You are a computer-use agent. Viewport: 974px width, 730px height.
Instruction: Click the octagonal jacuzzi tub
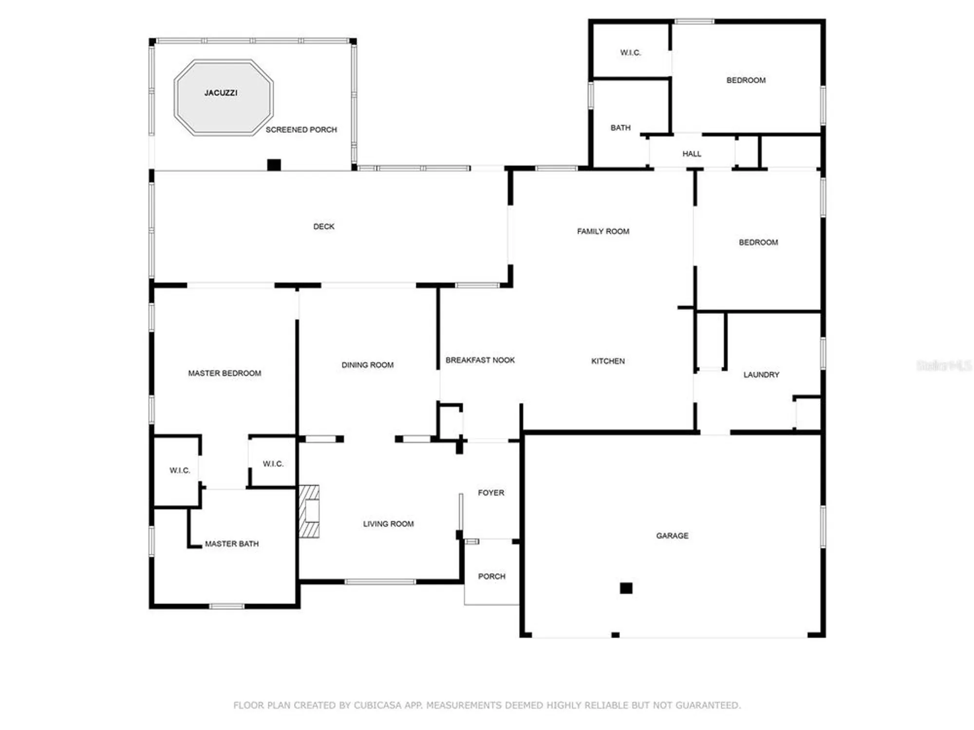click(x=224, y=97)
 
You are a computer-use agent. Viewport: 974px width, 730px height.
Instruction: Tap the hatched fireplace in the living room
click(x=309, y=511)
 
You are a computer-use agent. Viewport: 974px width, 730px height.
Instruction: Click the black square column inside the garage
click(x=626, y=588)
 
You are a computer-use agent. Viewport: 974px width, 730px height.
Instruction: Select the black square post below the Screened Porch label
click(x=274, y=164)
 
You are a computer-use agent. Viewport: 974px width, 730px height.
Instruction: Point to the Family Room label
click(x=603, y=231)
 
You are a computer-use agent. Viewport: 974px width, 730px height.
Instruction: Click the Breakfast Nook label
click(x=480, y=360)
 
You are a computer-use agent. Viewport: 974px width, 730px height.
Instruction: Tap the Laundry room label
click(x=761, y=375)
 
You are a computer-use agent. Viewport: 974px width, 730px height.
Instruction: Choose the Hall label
click(x=692, y=154)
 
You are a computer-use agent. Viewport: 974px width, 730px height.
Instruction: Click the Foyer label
click(x=491, y=493)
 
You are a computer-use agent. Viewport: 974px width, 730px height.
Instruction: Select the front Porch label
click(x=491, y=576)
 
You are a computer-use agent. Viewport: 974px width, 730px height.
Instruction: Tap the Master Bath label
click(x=231, y=544)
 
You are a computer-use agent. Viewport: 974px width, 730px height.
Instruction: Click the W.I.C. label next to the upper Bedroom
click(x=630, y=53)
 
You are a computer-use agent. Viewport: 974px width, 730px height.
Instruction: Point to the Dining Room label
click(x=367, y=365)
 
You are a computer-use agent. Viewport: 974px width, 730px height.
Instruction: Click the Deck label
click(x=323, y=226)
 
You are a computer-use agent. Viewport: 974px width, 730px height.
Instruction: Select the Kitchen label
click(x=608, y=361)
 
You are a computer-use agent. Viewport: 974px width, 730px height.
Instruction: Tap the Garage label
click(x=672, y=535)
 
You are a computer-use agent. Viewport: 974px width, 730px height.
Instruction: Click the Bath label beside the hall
click(x=620, y=128)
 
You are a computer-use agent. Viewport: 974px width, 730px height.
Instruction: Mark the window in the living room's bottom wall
click(x=380, y=582)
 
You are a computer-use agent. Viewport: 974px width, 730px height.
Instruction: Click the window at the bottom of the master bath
click(x=226, y=606)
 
